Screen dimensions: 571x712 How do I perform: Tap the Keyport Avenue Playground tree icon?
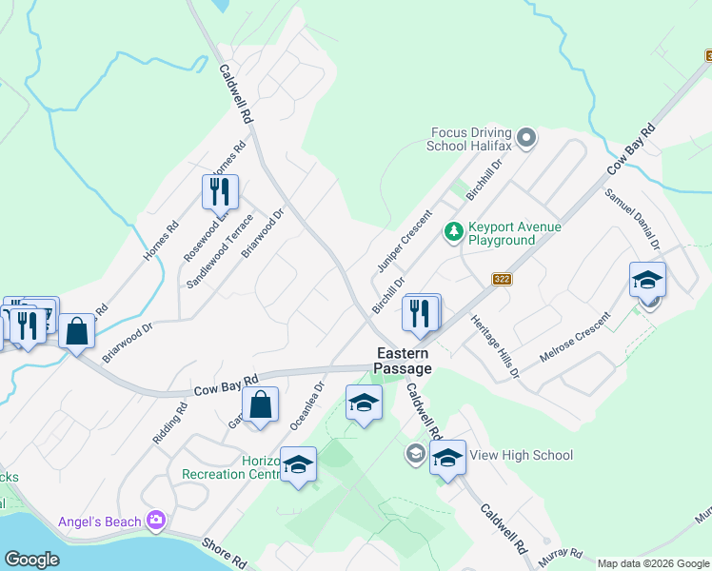tap(454, 231)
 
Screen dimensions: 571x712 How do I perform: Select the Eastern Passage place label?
tap(402, 362)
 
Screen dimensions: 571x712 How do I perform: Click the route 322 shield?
tap(503, 279)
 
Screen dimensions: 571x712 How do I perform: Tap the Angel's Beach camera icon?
tap(156, 521)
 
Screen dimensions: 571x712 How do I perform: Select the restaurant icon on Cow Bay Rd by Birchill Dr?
tap(421, 311)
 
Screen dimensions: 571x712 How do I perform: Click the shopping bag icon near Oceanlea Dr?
tap(260, 404)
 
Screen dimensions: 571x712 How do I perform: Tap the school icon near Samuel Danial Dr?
tap(647, 280)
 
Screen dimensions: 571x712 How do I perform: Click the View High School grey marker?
tap(415, 454)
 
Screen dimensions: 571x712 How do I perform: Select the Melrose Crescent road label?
tap(574, 336)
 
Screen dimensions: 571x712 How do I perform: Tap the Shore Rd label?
tap(226, 551)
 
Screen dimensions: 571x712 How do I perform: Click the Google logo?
tap(31, 560)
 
